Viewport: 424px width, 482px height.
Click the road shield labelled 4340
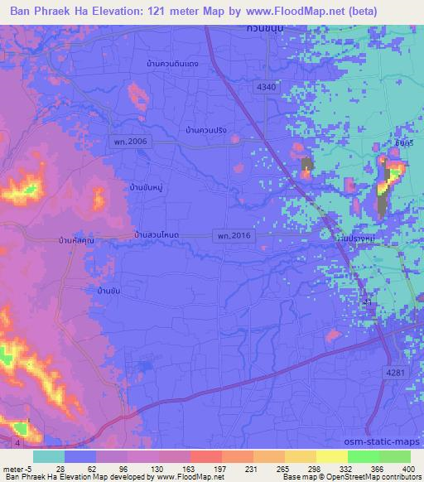click(x=267, y=87)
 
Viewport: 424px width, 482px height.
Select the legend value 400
click(x=407, y=469)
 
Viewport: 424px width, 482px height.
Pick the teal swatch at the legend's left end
click(x=49, y=456)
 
